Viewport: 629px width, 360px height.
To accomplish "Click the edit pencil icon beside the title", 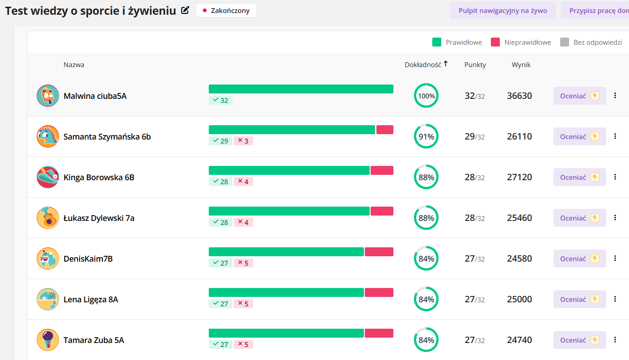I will [185, 11].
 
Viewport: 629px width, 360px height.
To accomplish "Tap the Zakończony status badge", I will [226, 10].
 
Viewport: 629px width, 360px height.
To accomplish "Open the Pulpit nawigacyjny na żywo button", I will [502, 10].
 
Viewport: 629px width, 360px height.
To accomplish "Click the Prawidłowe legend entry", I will [457, 42].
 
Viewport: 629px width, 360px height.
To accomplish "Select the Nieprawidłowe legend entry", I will [521, 42].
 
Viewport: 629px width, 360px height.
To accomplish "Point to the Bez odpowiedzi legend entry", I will [591, 42].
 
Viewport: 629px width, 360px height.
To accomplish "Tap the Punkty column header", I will [475, 64].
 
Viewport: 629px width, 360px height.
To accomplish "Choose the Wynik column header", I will [521, 64].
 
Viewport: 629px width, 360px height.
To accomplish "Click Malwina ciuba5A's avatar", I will [48, 96].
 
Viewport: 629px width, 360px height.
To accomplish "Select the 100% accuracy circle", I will [426, 96].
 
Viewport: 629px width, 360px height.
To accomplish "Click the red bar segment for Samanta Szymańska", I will [384, 130].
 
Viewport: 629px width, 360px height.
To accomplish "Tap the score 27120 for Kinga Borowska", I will [519, 177].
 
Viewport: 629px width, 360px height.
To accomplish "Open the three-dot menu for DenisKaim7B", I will [615, 258].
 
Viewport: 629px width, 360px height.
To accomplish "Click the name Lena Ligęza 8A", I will [91, 299].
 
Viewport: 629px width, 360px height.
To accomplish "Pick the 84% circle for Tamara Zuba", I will [426, 340].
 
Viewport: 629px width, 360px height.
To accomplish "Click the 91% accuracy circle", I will [426, 136].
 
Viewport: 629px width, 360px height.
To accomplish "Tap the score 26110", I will [519, 136].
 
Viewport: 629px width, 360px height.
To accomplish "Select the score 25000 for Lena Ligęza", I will [519, 299].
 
